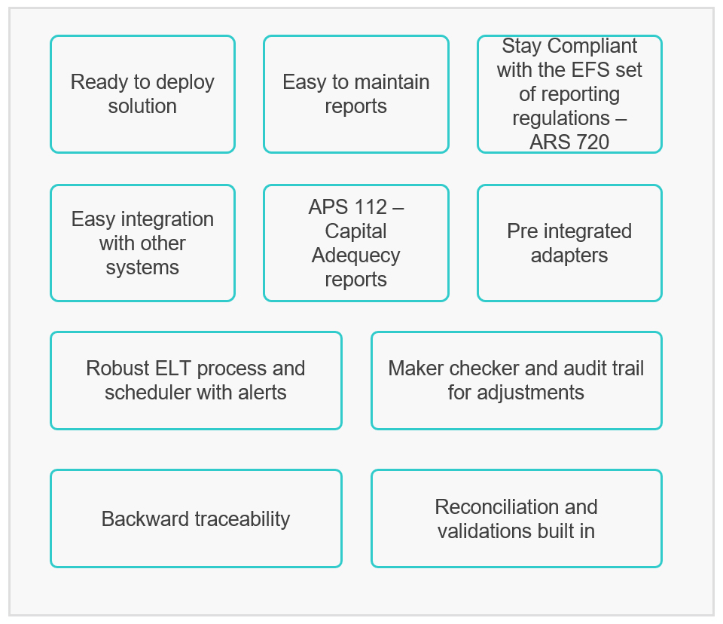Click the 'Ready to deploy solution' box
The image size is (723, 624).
point(142,94)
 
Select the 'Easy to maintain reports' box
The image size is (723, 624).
point(356,94)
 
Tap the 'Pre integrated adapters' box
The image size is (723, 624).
point(569,243)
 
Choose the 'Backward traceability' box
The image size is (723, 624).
point(196,518)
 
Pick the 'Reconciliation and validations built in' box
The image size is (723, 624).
point(517,518)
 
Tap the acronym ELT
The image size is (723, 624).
point(173,369)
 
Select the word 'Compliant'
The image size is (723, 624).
point(593,46)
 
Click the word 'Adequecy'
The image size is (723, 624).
point(356,255)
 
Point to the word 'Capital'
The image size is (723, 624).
point(356,231)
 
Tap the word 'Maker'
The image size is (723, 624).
point(416,369)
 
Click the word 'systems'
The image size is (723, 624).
point(142,268)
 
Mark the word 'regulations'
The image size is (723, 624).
point(560,119)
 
